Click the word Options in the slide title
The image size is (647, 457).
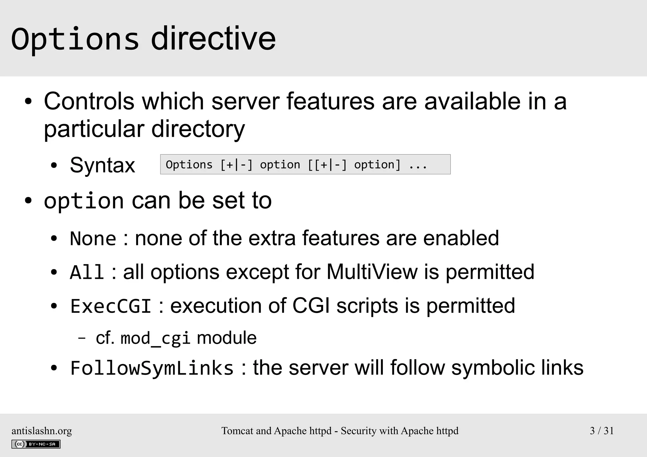75,39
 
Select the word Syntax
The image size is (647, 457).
102,165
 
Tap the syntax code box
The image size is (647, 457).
305,165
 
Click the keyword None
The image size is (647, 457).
93,238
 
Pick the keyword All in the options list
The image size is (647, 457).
87,272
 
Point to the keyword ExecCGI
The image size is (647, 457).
111,306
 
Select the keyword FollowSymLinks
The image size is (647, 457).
152,368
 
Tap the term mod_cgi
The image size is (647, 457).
155,338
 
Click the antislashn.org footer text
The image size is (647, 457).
42,431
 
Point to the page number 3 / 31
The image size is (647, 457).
602,431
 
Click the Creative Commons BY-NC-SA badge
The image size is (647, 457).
36,444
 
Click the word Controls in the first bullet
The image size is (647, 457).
89,101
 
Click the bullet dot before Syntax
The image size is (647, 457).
54,165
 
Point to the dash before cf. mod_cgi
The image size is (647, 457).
82,338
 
